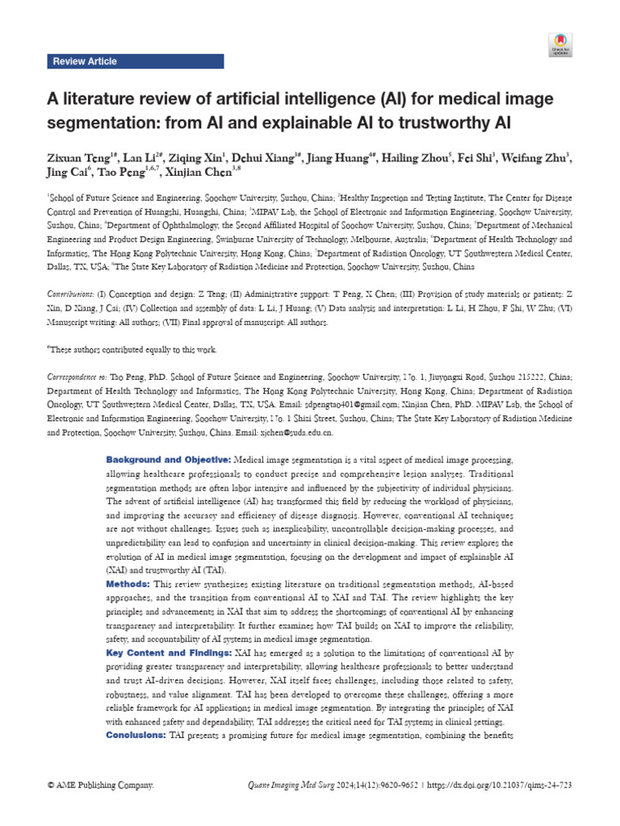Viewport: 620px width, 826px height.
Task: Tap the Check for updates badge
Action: pyautogui.click(x=560, y=44)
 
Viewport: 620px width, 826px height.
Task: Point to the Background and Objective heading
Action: pyautogui.click(x=168, y=459)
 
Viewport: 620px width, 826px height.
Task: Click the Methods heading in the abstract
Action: pyautogui.click(x=127, y=583)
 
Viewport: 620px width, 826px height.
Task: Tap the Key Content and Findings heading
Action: pyautogui.click(x=168, y=652)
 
